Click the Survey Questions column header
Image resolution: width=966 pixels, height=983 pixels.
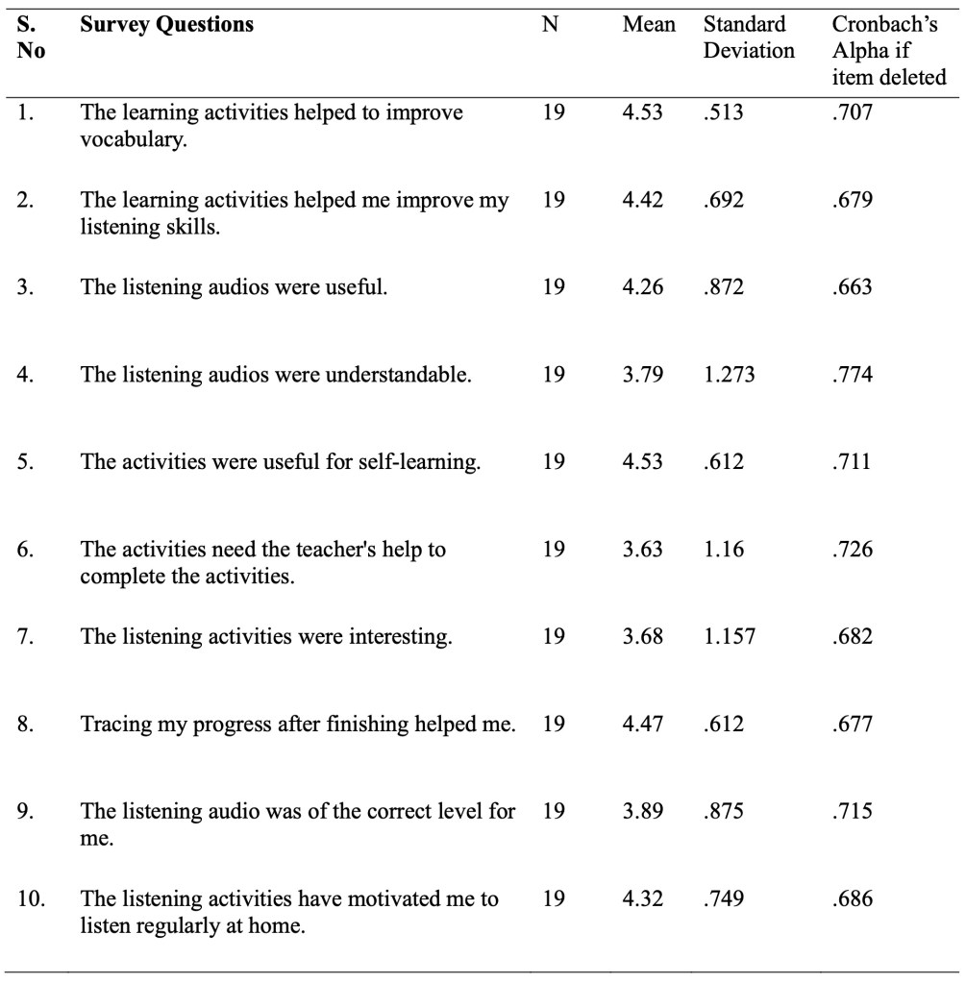(x=167, y=25)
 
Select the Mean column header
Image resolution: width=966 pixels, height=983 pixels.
(x=649, y=25)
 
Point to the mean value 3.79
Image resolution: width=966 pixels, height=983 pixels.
(x=643, y=375)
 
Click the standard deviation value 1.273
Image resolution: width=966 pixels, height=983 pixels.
(x=729, y=375)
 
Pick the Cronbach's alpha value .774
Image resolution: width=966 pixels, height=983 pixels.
(x=853, y=375)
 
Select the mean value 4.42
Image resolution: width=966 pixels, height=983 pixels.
(x=643, y=201)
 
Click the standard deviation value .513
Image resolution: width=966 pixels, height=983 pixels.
(x=724, y=113)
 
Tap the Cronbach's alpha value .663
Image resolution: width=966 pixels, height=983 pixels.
(x=853, y=287)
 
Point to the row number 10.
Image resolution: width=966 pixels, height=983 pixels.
(x=34, y=898)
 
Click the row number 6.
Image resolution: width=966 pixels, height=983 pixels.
(x=28, y=551)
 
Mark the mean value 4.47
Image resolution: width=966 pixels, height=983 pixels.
(x=643, y=723)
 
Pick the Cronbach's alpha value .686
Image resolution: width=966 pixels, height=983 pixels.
(x=853, y=898)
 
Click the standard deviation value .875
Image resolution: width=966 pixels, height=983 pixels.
(x=724, y=810)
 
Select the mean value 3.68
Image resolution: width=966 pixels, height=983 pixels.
(x=643, y=636)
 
